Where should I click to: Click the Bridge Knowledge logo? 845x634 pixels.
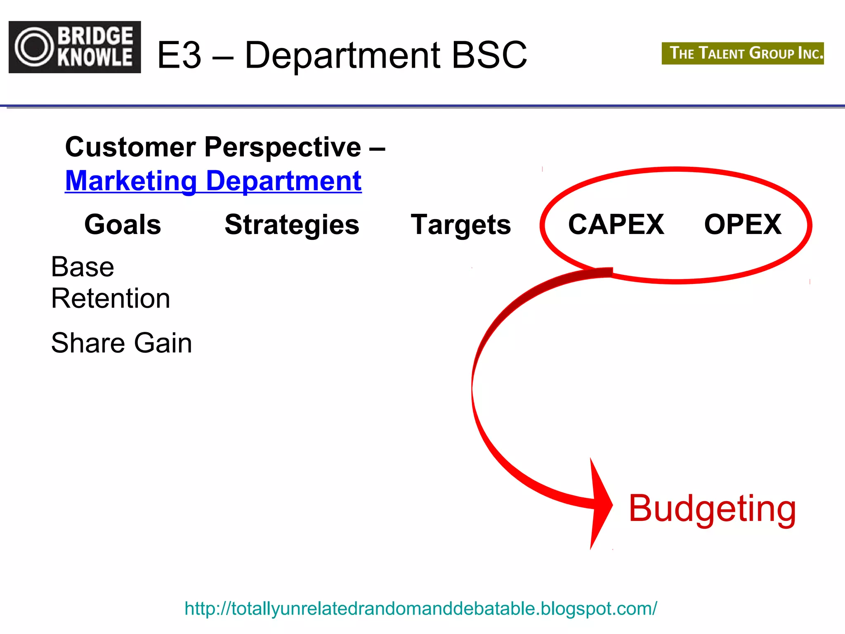75,47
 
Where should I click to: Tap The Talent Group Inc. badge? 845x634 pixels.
742,53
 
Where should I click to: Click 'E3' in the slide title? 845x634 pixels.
179,55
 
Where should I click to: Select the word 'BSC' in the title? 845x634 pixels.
489,55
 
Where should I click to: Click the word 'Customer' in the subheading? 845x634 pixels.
130,147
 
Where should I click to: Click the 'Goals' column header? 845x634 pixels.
123,225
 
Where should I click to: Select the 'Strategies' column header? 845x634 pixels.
292,225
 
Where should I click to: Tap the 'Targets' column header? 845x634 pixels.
461,225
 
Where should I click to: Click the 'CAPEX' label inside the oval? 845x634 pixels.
616,225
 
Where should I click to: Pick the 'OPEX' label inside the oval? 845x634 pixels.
743,225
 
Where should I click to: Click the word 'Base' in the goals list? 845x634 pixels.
83,267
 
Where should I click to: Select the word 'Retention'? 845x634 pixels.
111,298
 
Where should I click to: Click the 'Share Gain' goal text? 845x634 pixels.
122,343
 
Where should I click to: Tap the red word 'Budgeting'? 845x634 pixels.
712,509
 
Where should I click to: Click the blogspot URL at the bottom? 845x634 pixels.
420,608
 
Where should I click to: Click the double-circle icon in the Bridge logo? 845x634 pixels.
34,47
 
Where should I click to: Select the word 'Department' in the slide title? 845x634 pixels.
342,55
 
